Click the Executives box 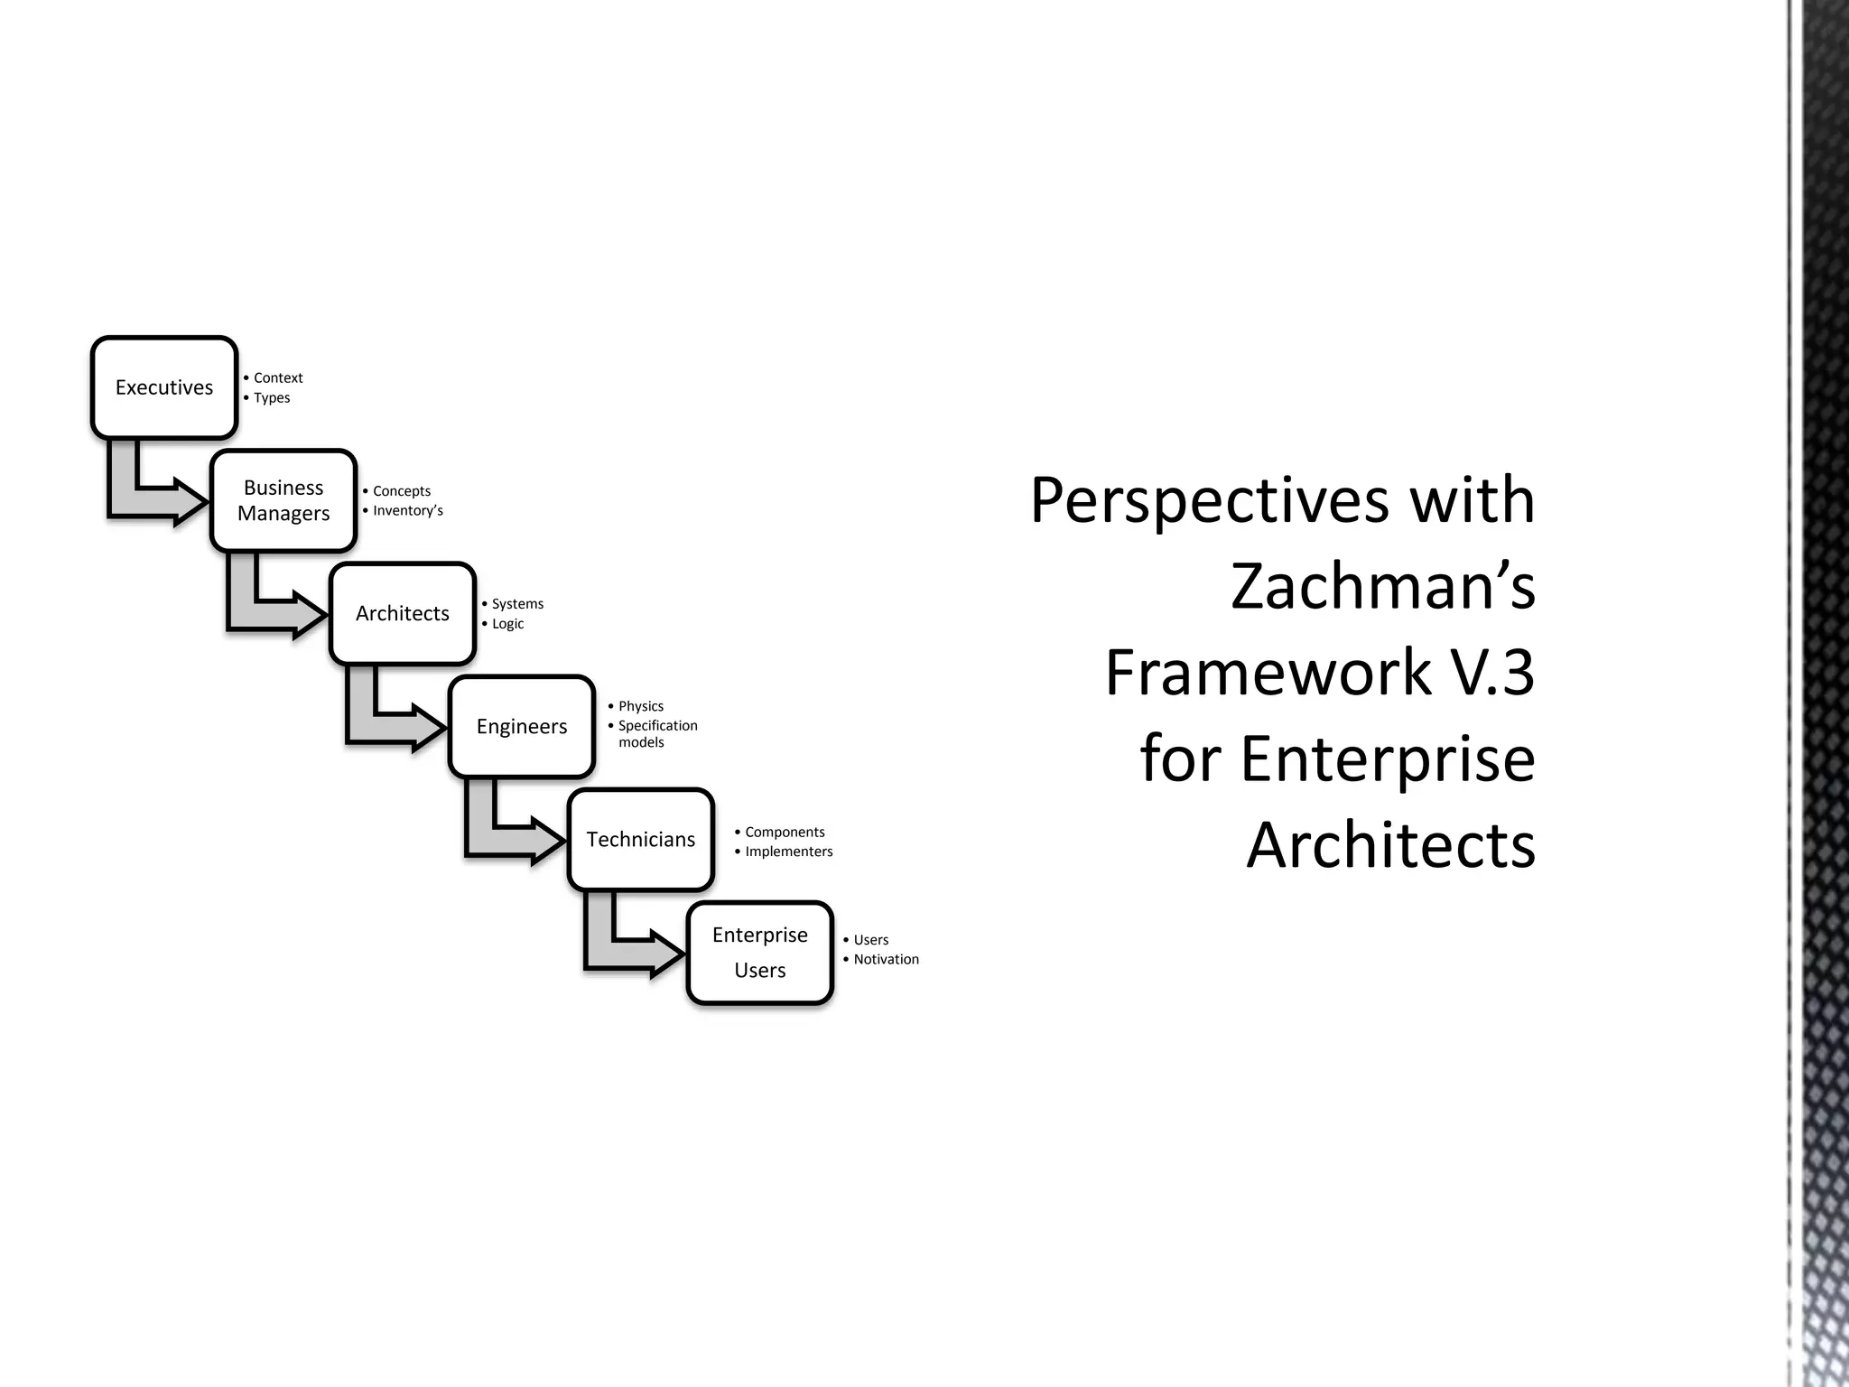(164, 387)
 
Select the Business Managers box (283, 500)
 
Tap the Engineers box (522, 726)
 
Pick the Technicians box (641, 839)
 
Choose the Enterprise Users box (759, 953)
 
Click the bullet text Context (278, 377)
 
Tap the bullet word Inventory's (408, 510)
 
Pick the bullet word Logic (507, 623)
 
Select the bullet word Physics (641, 706)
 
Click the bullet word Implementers (789, 852)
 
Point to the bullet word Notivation (887, 959)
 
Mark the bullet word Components (785, 832)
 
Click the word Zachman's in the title (1382, 586)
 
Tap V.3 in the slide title (1490, 673)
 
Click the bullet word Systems (517, 603)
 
